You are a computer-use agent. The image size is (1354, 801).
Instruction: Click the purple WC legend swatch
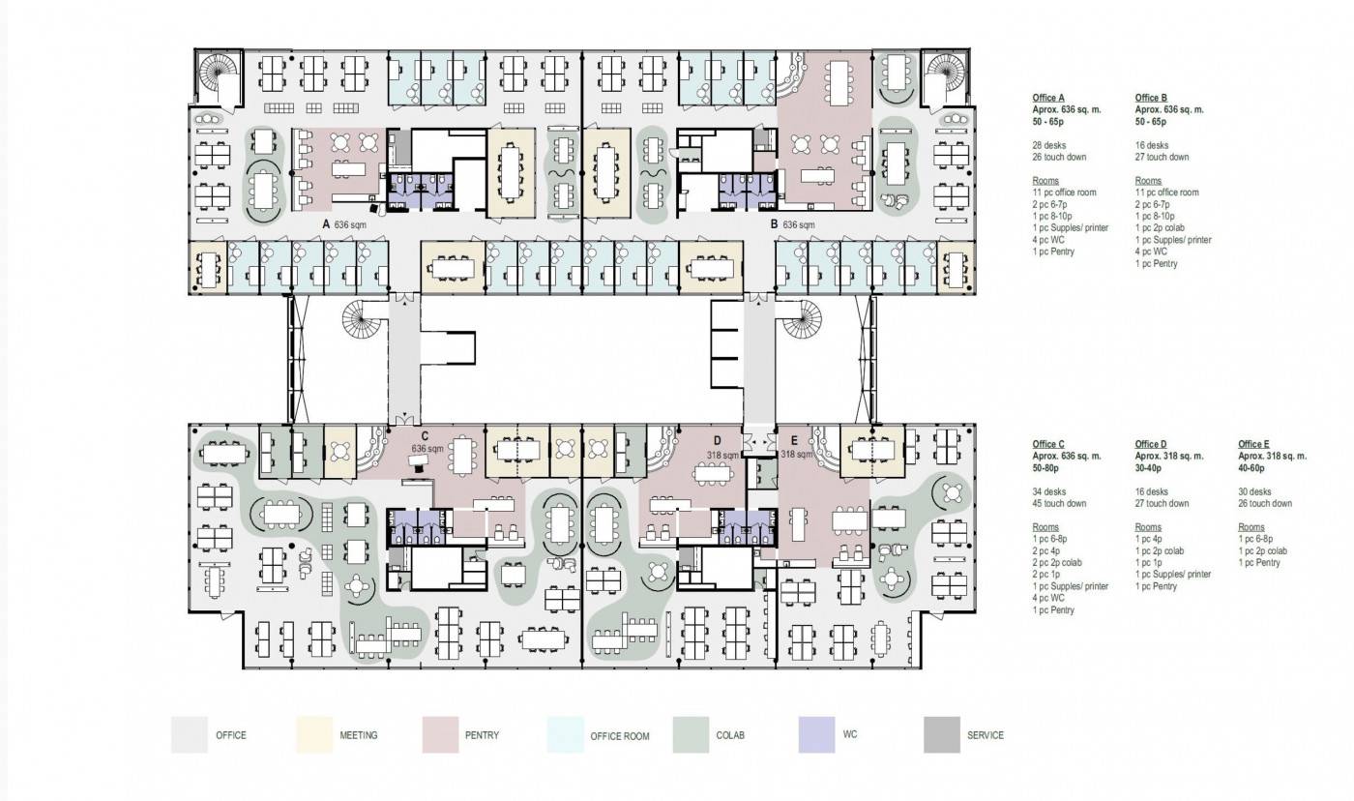tap(816, 734)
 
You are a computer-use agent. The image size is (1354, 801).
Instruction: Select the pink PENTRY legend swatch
tap(441, 734)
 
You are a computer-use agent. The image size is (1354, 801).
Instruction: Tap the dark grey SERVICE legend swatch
tap(942, 734)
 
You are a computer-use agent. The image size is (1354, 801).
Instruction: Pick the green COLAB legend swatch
tap(691, 734)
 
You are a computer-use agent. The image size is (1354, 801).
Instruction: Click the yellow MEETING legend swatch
tap(314, 734)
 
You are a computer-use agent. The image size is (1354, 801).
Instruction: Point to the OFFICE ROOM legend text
tap(620, 736)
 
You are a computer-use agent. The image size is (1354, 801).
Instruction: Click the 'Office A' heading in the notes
tap(1048, 98)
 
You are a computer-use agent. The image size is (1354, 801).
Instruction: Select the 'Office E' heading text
tap(1253, 444)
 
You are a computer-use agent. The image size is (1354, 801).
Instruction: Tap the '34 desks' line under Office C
tap(1049, 491)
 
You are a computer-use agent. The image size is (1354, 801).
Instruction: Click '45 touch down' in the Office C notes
tap(1059, 503)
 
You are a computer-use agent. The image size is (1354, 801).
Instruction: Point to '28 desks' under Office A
tap(1049, 145)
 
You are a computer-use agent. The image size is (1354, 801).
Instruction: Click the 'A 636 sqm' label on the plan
tap(344, 224)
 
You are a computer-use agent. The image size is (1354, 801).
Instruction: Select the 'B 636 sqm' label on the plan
tap(792, 224)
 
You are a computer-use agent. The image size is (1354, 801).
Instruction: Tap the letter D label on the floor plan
tap(718, 441)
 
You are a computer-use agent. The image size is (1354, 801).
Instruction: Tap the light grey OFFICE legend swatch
tap(190, 734)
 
